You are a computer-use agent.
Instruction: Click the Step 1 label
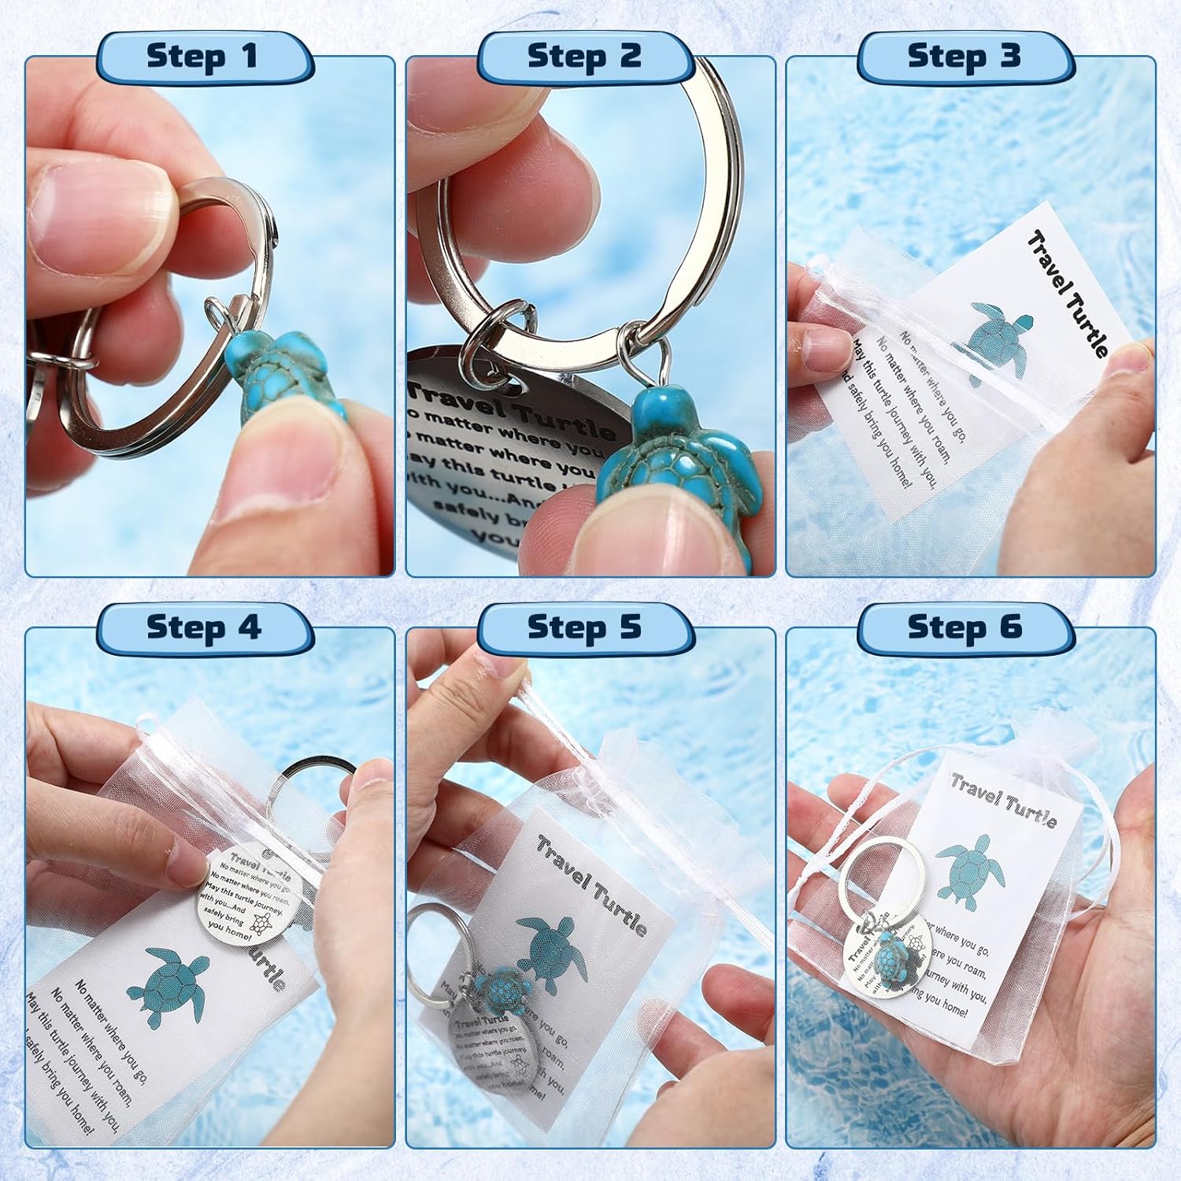(x=202, y=57)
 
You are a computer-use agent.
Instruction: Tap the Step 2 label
(x=584, y=57)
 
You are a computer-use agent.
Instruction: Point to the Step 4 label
(x=202, y=628)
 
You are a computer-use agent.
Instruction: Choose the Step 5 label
(x=584, y=628)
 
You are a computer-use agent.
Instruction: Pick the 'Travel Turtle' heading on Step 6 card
(x=1003, y=800)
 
